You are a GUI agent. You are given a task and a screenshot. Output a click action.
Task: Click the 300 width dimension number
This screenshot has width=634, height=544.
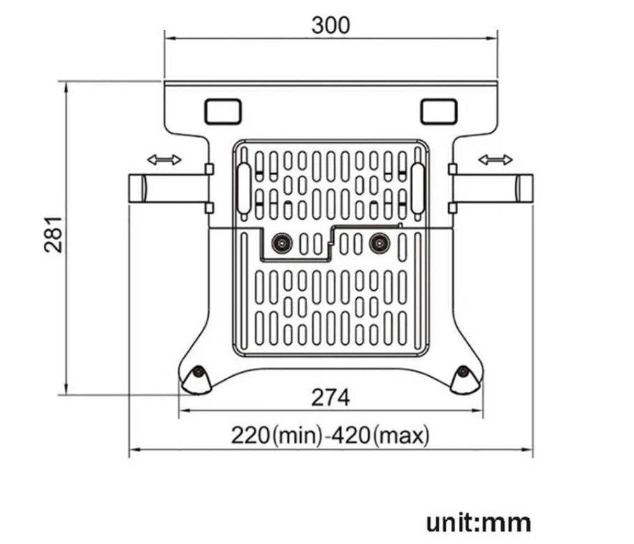click(330, 25)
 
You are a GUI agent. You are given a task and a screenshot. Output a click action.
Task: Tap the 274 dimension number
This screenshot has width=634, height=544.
click(330, 397)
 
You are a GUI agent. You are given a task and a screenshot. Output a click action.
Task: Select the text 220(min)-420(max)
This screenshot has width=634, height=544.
click(330, 435)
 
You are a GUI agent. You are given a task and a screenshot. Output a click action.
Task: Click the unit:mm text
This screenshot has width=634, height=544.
click(478, 522)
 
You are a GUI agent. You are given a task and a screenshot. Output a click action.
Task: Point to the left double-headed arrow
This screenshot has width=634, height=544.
click(164, 161)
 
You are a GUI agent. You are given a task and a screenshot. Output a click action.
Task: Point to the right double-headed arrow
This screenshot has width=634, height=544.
click(495, 161)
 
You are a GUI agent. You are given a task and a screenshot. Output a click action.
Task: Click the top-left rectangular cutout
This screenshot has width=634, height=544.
click(222, 111)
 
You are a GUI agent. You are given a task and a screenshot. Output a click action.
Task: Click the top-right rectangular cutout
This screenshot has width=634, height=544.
click(439, 111)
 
